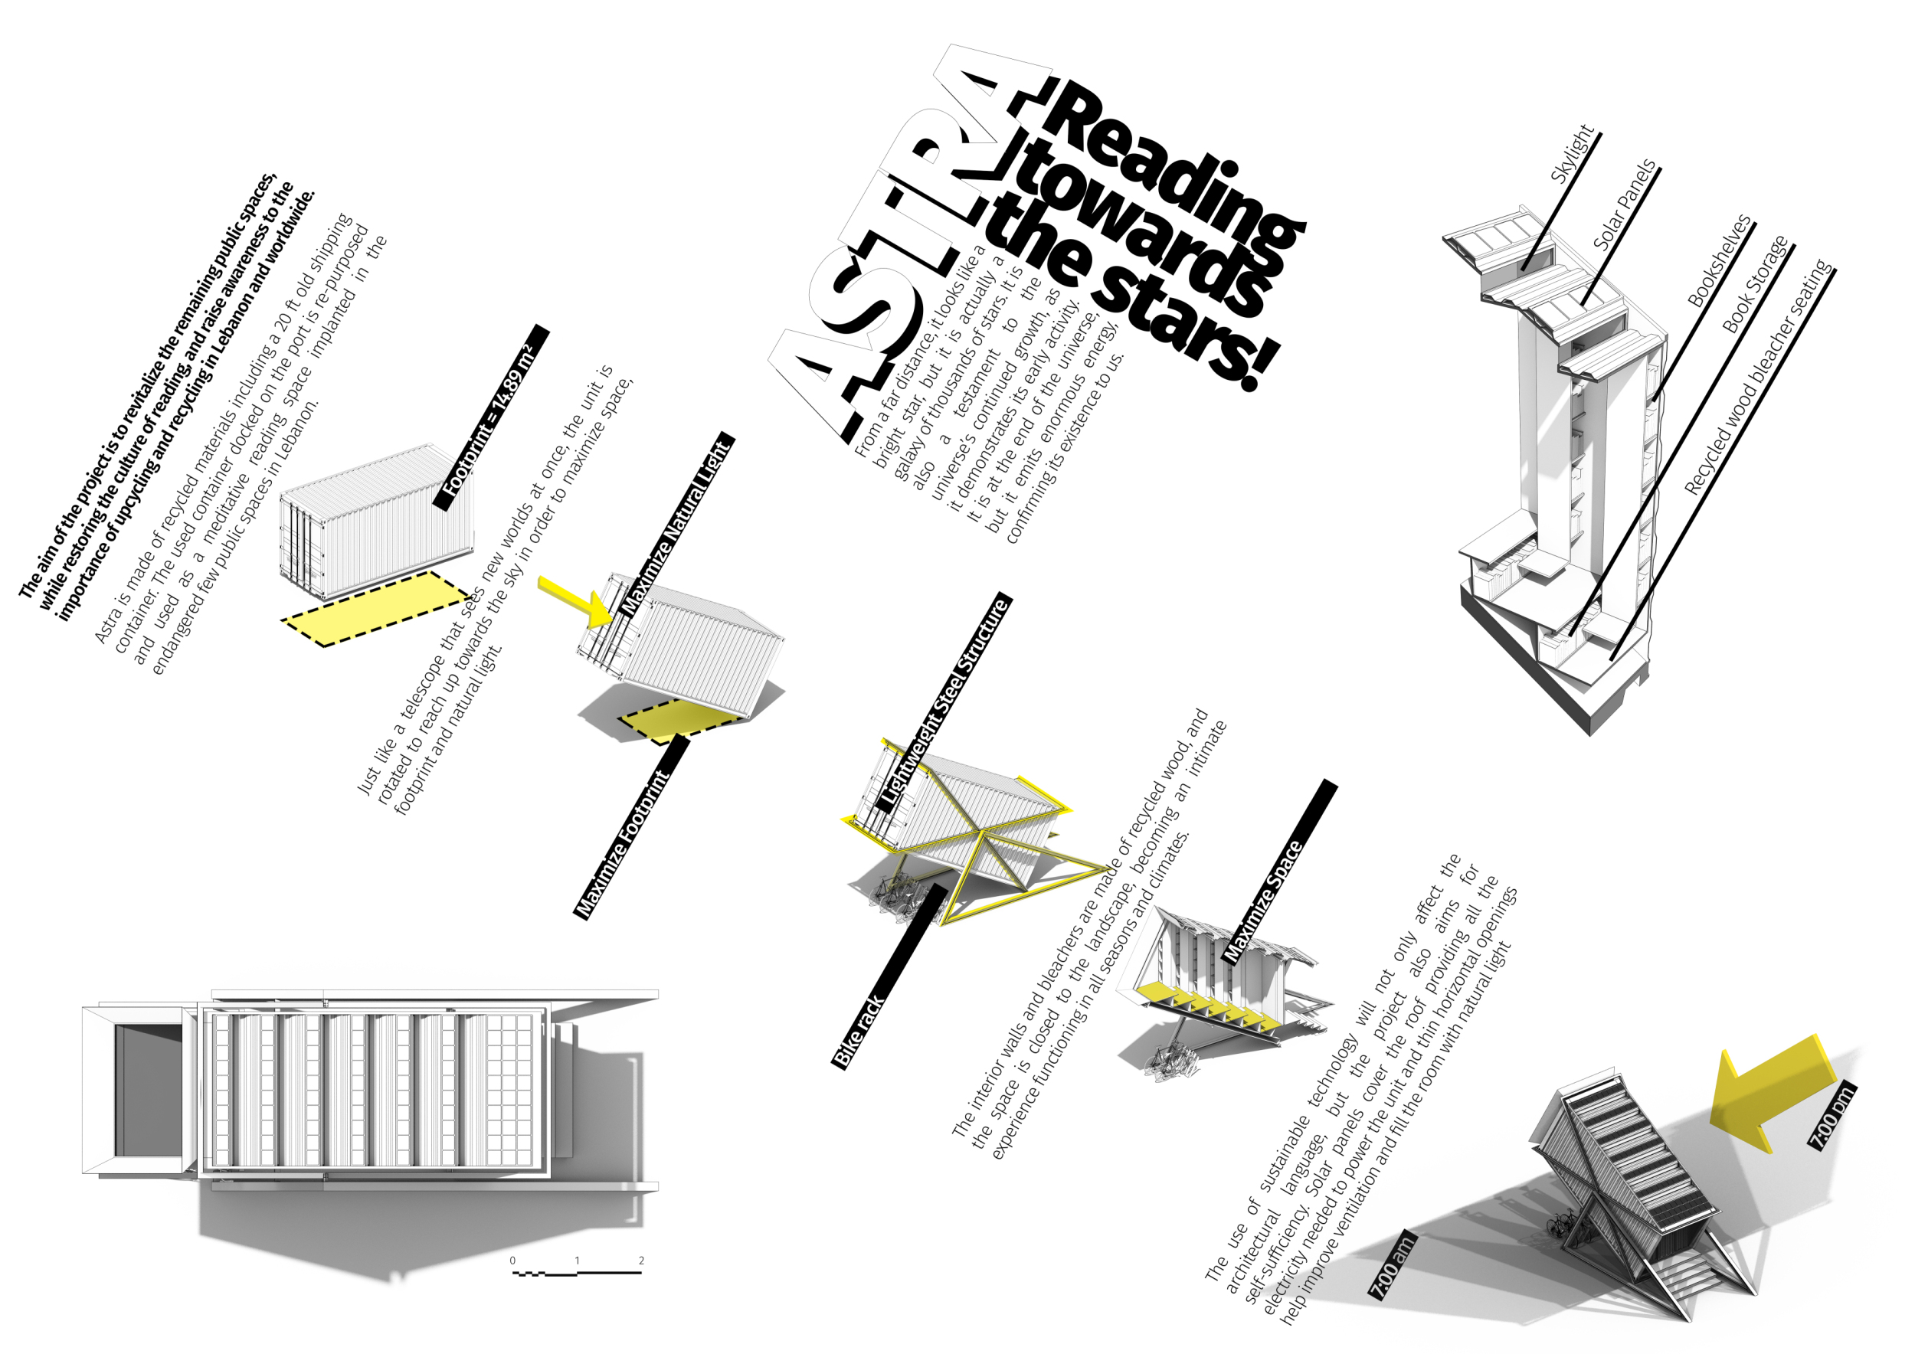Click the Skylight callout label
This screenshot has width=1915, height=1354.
coord(1571,153)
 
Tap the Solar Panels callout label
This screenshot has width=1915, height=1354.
coord(1624,204)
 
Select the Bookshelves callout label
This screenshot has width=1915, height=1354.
coord(1719,261)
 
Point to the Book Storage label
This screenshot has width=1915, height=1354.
coord(1755,284)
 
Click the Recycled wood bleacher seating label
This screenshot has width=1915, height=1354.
coord(1758,378)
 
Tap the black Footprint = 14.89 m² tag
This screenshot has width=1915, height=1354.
coord(491,417)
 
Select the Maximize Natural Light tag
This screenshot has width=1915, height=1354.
coord(676,525)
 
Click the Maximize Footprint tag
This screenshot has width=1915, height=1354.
coord(632,827)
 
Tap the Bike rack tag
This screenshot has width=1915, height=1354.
coord(889,976)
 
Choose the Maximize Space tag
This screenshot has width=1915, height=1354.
coord(1278,872)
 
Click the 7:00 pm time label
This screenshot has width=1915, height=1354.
coord(1832,1117)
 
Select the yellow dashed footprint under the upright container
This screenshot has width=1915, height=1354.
coord(375,609)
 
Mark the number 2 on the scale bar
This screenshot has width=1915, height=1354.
coord(640,1261)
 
